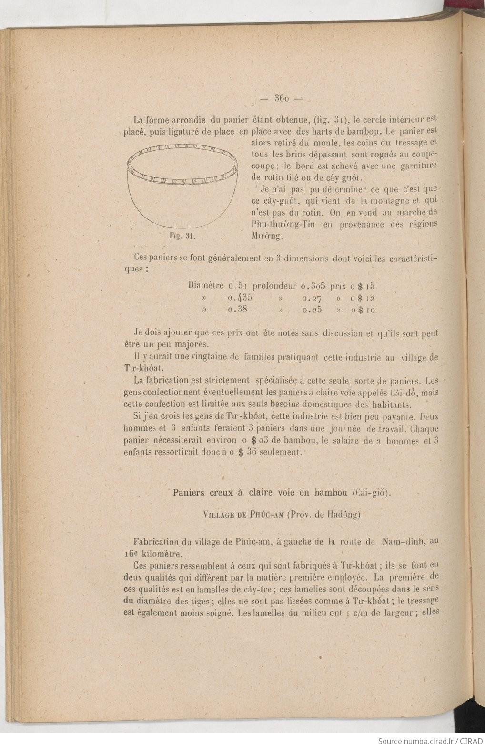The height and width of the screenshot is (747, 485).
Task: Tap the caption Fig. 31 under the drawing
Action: [x=180, y=236]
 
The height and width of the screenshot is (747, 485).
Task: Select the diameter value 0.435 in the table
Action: [x=240, y=298]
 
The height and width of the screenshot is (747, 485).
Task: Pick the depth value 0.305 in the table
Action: [x=313, y=286]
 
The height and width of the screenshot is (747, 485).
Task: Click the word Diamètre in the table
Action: [x=206, y=286]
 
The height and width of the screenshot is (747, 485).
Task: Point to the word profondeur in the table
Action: [x=275, y=286]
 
